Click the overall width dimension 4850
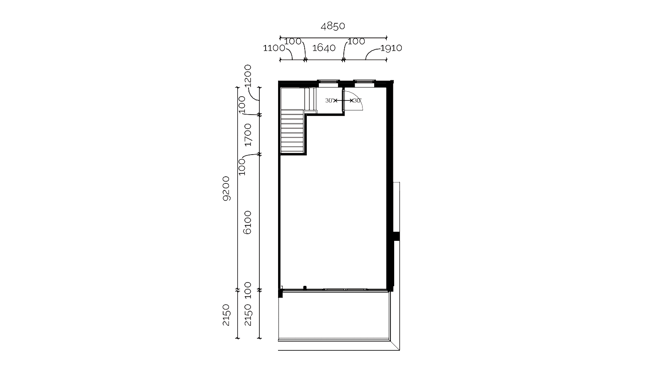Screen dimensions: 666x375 [333, 26]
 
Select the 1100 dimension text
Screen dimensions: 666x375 [274, 48]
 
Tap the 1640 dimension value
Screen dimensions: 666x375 [324, 47]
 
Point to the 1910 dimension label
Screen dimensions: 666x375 [391, 48]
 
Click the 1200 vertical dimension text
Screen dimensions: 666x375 [248, 75]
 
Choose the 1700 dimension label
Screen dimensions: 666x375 [248, 135]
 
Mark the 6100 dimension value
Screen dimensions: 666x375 [247, 222]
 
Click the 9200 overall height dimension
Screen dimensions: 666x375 [226, 189]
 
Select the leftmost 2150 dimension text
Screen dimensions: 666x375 [226, 315]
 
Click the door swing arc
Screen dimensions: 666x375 [358, 98]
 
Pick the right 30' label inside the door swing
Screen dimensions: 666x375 [358, 100]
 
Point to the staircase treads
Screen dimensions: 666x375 [292, 131]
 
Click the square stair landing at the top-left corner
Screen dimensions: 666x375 [293, 98]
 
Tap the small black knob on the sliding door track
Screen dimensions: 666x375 [305, 287]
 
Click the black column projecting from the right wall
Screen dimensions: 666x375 [396, 236]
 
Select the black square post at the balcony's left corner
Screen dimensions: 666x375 [280, 294]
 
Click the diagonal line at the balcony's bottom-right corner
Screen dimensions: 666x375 [395, 345]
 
